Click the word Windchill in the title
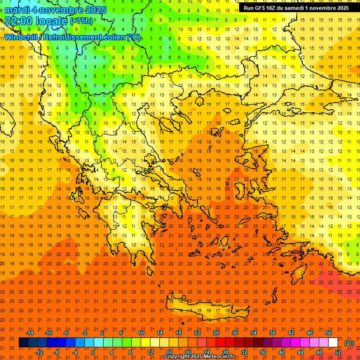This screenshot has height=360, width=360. (22, 37)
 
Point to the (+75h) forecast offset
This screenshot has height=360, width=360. (81, 21)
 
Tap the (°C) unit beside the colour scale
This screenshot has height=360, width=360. (349, 343)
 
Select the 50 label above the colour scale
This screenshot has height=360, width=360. (328, 333)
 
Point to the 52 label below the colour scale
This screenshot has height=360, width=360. (337, 352)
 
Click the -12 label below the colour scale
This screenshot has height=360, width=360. (39, 352)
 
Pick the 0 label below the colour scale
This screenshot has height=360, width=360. (93, 352)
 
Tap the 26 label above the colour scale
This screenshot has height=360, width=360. (216, 333)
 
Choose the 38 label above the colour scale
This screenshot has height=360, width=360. (272, 333)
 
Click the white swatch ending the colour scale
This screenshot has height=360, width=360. (333, 343)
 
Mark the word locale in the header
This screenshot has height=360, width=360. (52, 21)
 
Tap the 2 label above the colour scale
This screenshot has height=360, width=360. (102, 333)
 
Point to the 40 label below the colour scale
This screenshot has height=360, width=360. (281, 352)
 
